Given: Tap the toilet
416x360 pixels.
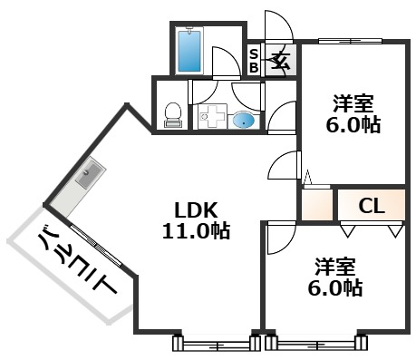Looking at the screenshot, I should tap(172, 112).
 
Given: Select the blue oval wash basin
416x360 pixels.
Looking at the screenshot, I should tap(244, 119).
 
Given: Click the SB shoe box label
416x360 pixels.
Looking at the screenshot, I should tap(255, 60).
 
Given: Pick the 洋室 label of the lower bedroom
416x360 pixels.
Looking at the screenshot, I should tap(336, 267).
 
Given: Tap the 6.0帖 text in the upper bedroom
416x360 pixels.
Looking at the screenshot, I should tap(351, 127).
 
